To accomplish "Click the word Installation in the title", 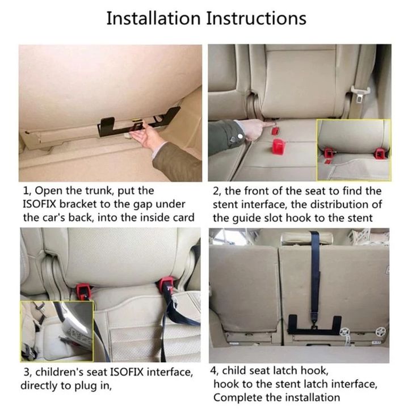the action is [x=153, y=18].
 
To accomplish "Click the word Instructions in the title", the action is [x=256, y=18].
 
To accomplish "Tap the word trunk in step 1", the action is [x=99, y=191].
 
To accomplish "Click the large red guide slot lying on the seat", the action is [x=279, y=146].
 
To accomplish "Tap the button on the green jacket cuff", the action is [x=240, y=136].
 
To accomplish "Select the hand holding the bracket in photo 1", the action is [x=145, y=136].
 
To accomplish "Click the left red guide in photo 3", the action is [x=83, y=291].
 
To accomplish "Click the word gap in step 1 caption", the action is [x=145, y=205].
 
